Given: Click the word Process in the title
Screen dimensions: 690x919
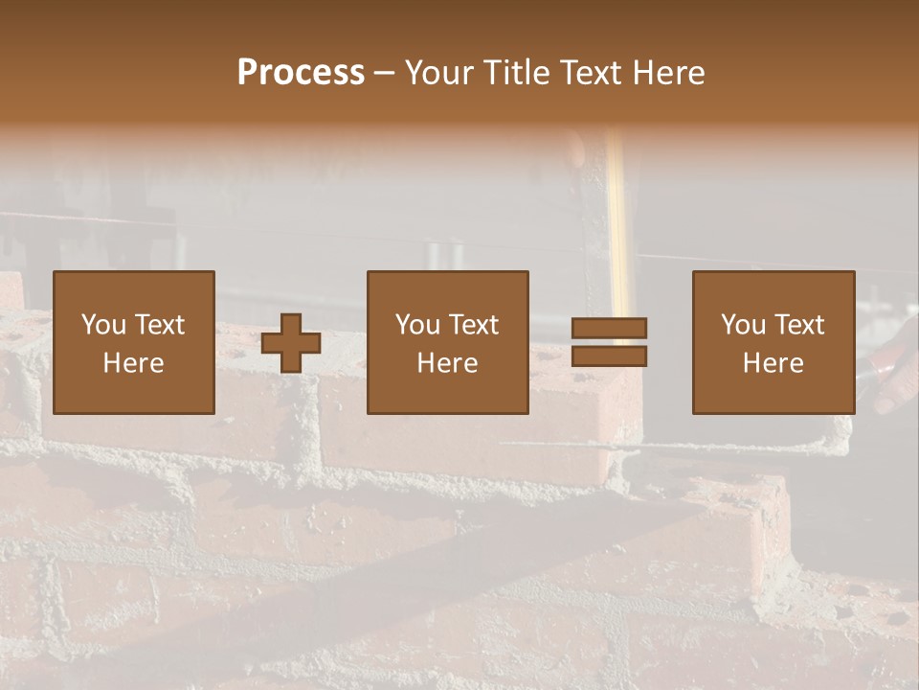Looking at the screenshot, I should (x=301, y=73).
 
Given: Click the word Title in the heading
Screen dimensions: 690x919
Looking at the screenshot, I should (x=515, y=73).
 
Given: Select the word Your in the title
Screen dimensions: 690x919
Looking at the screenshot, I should (x=439, y=73).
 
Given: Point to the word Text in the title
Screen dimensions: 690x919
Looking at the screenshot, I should (x=589, y=73).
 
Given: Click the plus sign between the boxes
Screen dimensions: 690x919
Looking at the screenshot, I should (x=291, y=343).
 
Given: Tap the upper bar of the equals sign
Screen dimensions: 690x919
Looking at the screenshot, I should (x=609, y=328).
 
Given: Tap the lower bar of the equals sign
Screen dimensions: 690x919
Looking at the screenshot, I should (x=609, y=356).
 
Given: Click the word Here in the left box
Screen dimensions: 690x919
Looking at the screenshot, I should (x=133, y=363).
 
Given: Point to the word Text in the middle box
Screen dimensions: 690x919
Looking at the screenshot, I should (x=475, y=325).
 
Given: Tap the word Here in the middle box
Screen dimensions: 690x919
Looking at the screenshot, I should (x=447, y=363).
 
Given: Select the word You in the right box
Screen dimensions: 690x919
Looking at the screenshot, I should (x=744, y=325).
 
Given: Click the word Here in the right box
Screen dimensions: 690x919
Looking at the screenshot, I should (x=773, y=363).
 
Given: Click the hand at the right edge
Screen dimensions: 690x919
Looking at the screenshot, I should (x=898, y=369).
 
